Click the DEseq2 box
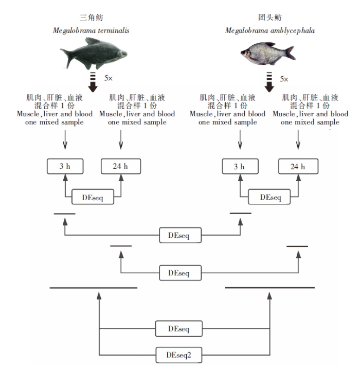[178, 355]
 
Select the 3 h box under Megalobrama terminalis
[65, 166]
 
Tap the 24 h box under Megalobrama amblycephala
[298, 166]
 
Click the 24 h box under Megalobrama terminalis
[121, 166]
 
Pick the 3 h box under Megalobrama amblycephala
[240, 166]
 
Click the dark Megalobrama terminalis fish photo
[94, 54]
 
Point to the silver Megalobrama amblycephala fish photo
[268, 54]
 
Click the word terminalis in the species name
[114, 30]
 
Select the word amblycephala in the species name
[293, 31]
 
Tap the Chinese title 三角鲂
[91, 17]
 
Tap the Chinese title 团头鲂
[269, 17]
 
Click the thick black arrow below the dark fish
[93, 82]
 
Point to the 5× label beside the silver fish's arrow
[284, 79]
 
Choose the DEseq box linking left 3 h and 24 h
[93, 197]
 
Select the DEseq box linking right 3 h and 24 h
[269, 197]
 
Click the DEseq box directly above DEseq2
[178, 328]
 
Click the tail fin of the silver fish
[291, 53]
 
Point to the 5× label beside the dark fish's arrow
[109, 78]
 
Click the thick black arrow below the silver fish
[269, 82]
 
